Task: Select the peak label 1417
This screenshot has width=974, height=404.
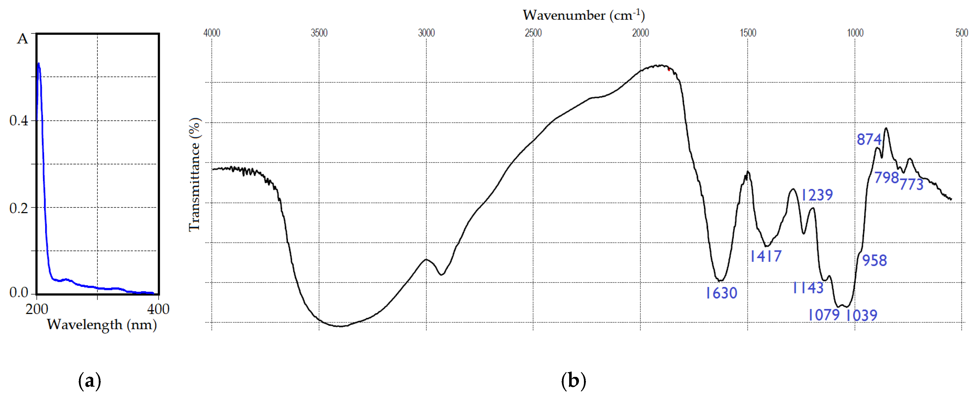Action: click(x=766, y=256)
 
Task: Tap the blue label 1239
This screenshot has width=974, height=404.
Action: click(x=817, y=195)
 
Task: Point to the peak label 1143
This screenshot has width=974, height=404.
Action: click(x=808, y=288)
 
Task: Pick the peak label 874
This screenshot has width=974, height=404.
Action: click(x=869, y=139)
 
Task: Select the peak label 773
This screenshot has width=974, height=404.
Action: click(x=911, y=184)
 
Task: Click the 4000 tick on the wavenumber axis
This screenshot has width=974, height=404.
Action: click(x=212, y=33)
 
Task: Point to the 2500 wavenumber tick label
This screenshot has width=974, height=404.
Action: click(x=533, y=33)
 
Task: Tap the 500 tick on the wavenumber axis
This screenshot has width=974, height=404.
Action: click(x=961, y=33)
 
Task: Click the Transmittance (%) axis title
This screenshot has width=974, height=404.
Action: click(x=194, y=174)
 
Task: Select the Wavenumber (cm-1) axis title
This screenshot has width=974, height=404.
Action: click(x=583, y=15)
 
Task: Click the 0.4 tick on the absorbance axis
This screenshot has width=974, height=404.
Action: click(x=19, y=121)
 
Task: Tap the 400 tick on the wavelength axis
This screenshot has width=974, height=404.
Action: click(x=158, y=309)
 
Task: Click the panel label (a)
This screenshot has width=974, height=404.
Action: click(x=90, y=381)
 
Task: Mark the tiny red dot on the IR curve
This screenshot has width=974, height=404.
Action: click(x=669, y=70)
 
